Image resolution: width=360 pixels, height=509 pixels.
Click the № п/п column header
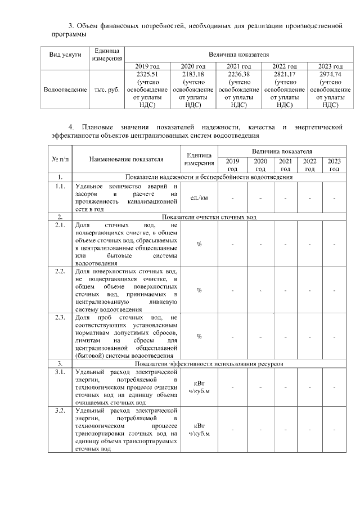[x=59, y=159]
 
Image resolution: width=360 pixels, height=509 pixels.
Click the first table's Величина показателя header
[x=238, y=55]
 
